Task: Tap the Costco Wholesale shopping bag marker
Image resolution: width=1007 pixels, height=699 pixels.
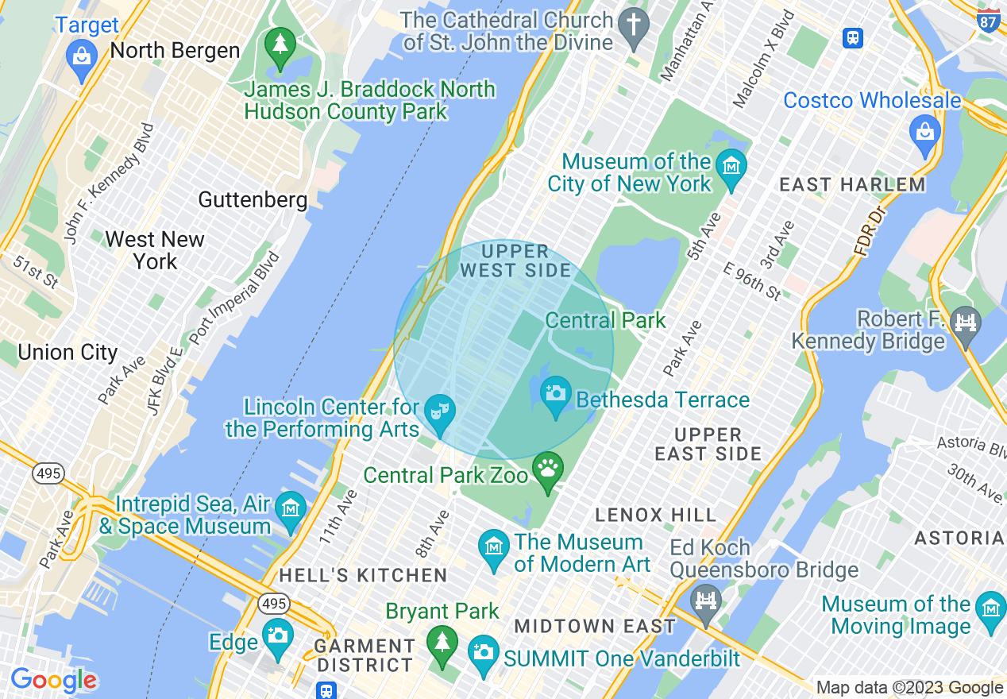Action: coord(925,131)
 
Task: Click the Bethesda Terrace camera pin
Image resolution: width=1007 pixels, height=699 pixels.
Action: coord(556,393)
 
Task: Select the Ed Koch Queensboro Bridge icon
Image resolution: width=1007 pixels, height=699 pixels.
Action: coord(705,599)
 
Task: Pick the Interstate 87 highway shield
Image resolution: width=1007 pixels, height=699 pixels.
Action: coord(989,20)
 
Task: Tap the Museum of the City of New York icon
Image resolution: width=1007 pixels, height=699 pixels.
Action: coord(731,167)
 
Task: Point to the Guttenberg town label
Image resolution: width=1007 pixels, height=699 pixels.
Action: coord(253,199)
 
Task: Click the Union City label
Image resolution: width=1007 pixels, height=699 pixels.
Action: coord(68,353)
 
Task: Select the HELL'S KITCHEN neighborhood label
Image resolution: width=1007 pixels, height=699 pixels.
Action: coord(363,575)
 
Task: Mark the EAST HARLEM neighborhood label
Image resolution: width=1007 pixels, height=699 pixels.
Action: coord(852,185)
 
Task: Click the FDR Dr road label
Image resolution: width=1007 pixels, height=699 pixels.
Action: coord(870,231)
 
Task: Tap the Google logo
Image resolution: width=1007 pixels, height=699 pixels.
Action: coord(53,680)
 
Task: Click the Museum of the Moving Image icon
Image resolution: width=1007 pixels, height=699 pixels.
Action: coord(990,609)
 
